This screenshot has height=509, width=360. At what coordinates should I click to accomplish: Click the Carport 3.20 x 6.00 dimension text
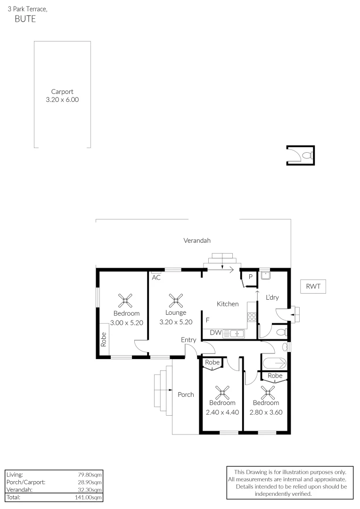(62, 100)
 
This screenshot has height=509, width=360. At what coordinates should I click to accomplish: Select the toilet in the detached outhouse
(307, 155)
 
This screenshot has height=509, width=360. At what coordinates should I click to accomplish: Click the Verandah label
(197, 240)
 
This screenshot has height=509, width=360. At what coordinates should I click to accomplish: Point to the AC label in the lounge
(156, 278)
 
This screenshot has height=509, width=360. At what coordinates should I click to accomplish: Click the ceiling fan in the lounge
(176, 300)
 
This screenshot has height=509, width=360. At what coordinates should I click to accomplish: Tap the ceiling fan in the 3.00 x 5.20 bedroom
(126, 300)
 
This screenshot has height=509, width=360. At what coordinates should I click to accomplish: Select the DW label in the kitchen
(215, 333)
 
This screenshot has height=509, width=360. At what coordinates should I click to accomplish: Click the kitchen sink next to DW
(234, 333)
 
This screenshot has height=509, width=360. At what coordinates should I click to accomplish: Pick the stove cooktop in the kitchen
(252, 318)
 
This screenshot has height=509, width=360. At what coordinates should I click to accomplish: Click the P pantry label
(251, 277)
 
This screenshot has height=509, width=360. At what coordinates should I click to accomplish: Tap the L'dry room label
(272, 297)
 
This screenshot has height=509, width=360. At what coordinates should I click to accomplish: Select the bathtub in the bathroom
(274, 363)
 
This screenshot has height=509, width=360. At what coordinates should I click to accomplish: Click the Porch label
(186, 394)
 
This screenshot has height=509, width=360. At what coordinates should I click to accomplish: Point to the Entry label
(188, 340)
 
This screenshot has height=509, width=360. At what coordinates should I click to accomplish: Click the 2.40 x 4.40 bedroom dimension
(222, 412)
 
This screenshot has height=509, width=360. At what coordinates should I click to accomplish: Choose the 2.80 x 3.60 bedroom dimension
(266, 412)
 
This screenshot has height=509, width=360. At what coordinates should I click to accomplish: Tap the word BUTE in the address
(25, 19)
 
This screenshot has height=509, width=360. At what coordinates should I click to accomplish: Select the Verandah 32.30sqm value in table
(90, 489)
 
